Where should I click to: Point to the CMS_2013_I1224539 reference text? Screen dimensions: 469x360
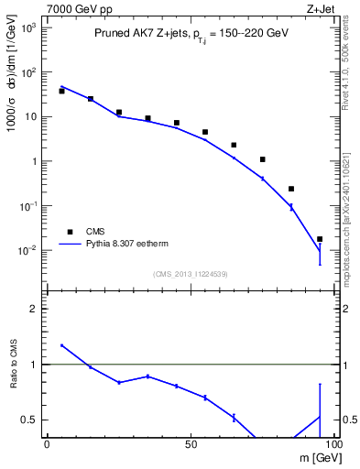pos(190,273)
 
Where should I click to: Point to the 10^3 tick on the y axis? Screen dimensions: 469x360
pos(27,28)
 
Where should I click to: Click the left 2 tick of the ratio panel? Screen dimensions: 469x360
pos(34,310)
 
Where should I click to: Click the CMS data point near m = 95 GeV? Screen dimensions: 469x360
pos(320,239)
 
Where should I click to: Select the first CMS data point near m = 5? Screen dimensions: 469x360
pos(61,91)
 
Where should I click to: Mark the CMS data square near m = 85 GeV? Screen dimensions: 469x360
pos(291,189)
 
